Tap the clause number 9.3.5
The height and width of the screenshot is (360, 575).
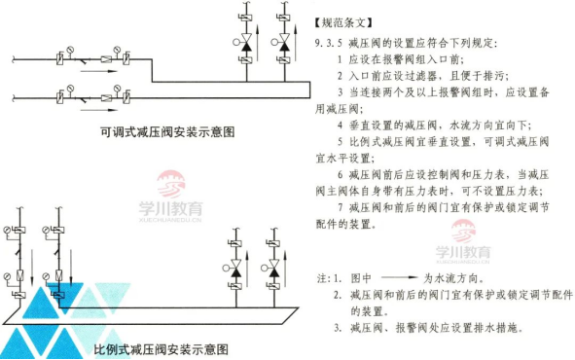[x=330, y=44]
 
